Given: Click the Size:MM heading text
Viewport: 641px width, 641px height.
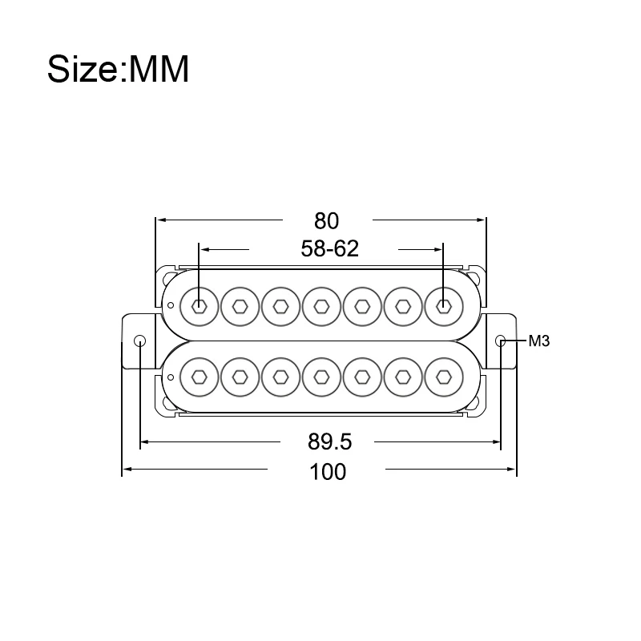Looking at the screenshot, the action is (118, 69).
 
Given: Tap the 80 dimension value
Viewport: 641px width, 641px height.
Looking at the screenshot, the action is (326, 221).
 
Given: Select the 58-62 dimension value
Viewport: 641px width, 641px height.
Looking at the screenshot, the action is (329, 248).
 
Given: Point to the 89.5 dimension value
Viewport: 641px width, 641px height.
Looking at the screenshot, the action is (329, 442).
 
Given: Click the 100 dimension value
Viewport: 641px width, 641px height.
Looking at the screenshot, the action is (328, 472).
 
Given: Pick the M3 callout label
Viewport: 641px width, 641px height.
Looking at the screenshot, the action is (538, 341).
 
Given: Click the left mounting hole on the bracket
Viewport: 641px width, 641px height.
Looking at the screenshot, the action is (139, 341).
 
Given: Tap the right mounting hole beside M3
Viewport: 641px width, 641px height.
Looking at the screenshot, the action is (501, 341).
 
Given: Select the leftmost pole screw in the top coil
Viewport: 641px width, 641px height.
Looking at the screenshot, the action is (199, 306).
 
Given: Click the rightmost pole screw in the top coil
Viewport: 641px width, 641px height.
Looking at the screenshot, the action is (444, 306).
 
